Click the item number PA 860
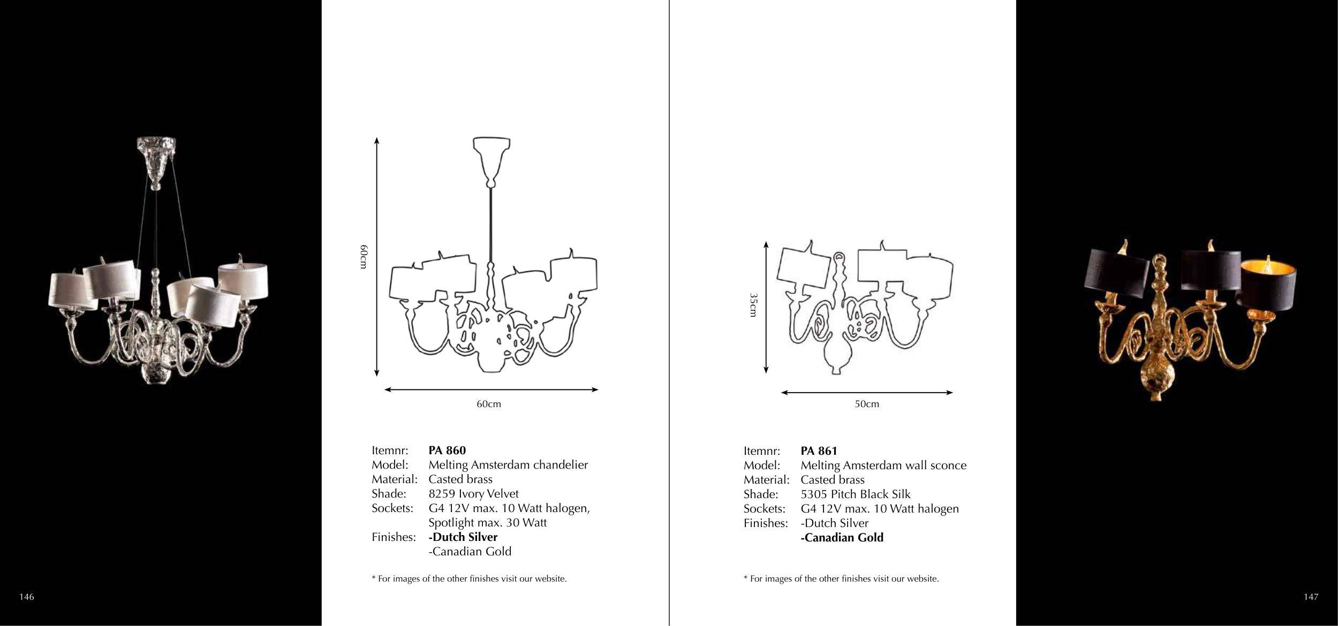click(447, 451)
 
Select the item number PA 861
click(819, 451)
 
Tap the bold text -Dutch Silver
click(463, 537)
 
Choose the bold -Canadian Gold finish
click(842, 538)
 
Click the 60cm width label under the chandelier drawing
click(489, 404)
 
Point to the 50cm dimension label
click(867, 404)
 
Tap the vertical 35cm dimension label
click(753, 305)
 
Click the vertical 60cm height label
click(364, 257)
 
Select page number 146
click(27, 597)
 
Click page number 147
click(1311, 597)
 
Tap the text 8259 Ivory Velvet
click(473, 494)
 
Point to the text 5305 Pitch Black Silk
click(855, 494)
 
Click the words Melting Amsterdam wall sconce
click(883, 465)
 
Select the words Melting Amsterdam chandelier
click(508, 465)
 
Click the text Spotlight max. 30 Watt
click(488, 523)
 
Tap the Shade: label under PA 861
click(761, 494)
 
